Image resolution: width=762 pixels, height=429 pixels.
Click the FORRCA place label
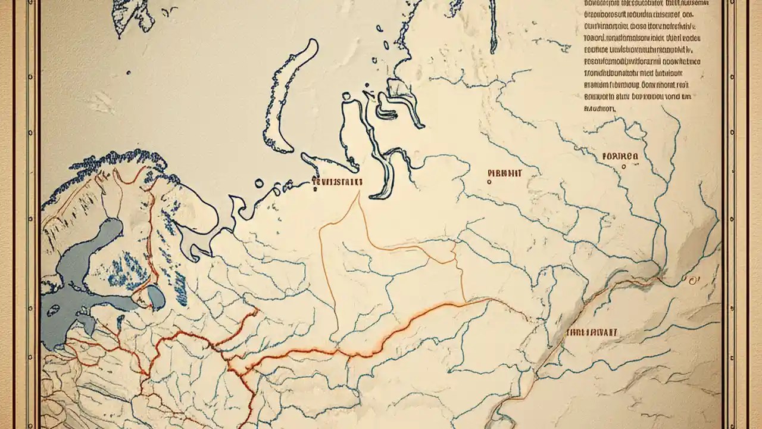620,156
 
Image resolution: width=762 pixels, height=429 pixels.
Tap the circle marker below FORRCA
623,167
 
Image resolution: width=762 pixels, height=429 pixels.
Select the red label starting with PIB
504,173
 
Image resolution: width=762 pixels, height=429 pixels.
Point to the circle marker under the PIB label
489,182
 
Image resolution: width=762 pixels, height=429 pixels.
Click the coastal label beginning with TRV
338,182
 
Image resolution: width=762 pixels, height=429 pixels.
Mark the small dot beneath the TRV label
314,191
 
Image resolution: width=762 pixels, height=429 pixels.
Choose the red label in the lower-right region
592,332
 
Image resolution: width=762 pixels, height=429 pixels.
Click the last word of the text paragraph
599,109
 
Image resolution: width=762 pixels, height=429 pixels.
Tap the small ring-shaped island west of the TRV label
259,184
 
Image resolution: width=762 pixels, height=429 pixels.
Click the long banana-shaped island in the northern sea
292,95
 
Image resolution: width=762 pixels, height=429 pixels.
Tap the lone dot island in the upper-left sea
129,73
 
